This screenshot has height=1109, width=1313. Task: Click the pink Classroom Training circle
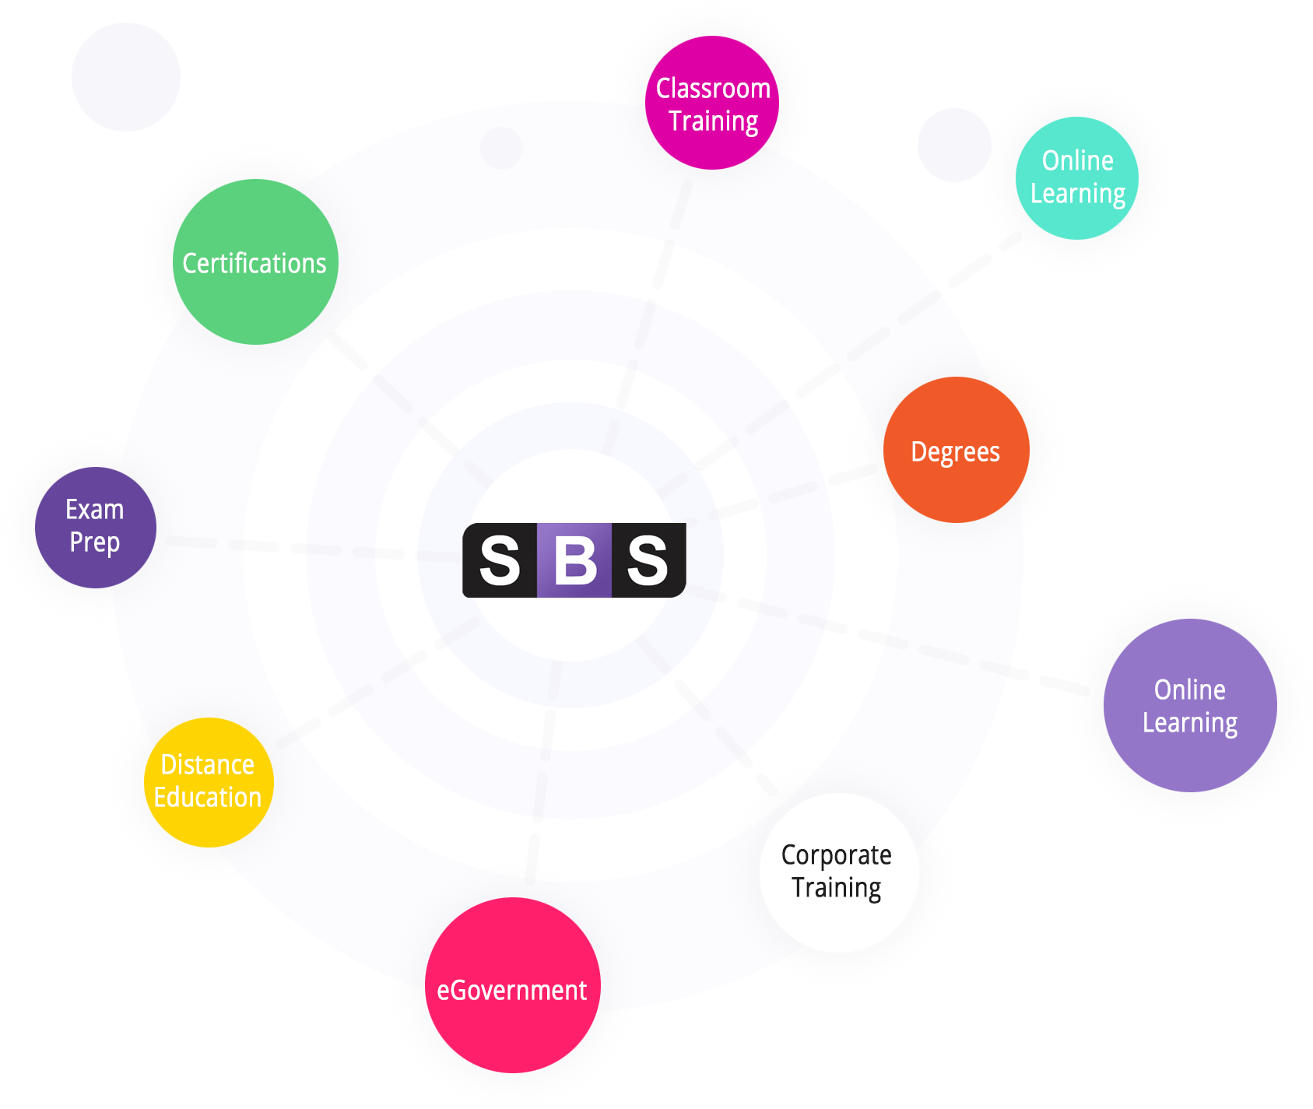point(712,104)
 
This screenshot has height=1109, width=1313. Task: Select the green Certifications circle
point(255,262)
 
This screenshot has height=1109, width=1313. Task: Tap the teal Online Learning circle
point(1077,178)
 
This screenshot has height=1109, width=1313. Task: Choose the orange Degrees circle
point(956,451)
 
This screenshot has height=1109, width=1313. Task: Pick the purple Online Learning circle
point(1190,705)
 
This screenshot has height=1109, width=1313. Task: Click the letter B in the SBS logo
point(574,560)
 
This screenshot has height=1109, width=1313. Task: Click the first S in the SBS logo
point(500,560)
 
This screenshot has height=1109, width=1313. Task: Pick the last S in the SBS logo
point(648,560)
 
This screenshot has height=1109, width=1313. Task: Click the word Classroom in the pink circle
point(713,89)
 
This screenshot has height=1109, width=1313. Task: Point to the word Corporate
point(837,855)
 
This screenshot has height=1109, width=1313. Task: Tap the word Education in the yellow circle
point(208,798)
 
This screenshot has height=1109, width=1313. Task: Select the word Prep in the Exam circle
point(95,542)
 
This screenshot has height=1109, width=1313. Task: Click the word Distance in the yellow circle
point(208,765)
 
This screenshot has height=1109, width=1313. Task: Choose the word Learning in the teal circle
point(1078,194)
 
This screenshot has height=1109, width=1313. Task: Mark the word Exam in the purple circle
point(95,510)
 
